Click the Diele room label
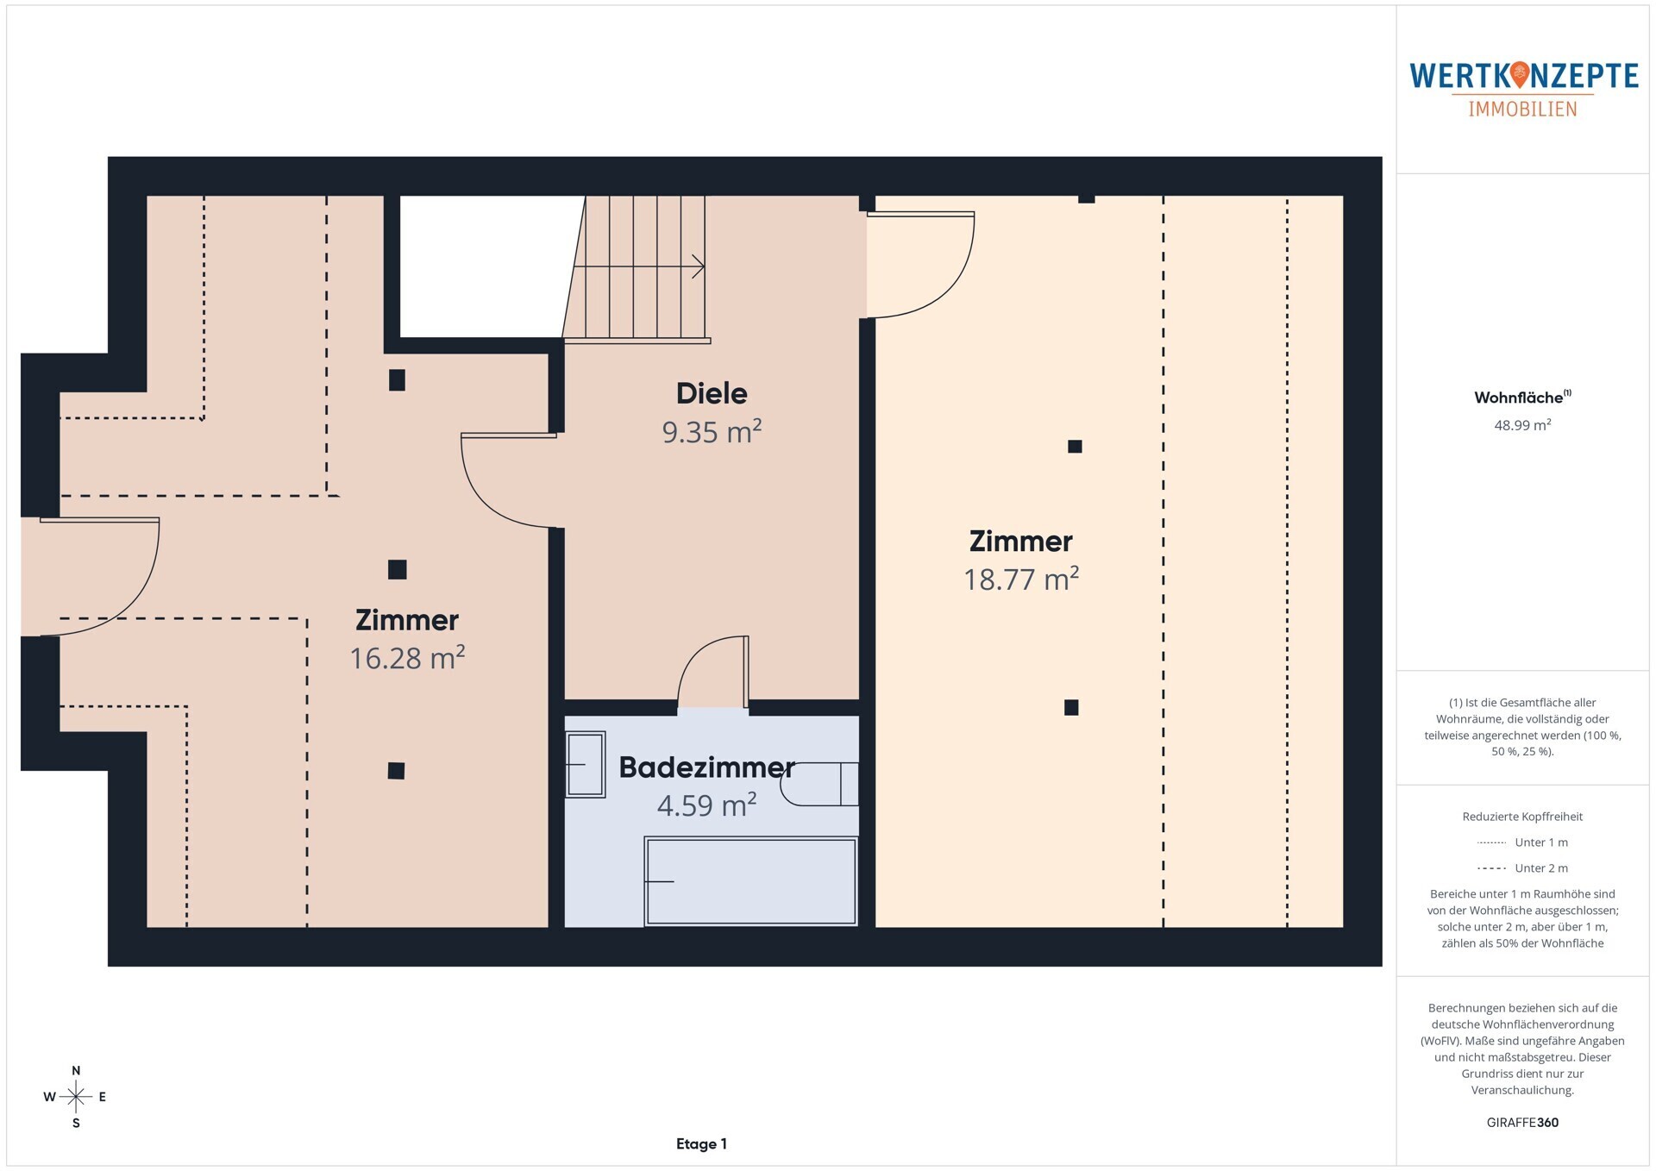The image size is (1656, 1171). (x=712, y=393)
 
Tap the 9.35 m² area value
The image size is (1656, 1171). (x=712, y=431)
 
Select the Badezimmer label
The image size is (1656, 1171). (x=706, y=767)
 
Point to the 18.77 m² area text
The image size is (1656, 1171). (x=1021, y=579)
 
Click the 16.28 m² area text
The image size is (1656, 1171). (x=407, y=658)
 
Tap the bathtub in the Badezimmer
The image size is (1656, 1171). (x=750, y=881)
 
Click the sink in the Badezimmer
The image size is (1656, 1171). (x=585, y=764)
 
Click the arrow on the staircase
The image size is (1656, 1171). (x=639, y=267)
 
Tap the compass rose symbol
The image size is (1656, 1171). (x=76, y=1097)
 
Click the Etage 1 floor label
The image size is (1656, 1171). (x=701, y=1144)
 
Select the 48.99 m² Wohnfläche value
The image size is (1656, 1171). (x=1522, y=425)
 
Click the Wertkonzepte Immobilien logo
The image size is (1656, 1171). (x=1523, y=89)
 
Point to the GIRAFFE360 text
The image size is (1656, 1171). (x=1522, y=1123)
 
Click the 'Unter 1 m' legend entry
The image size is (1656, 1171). (x=1522, y=842)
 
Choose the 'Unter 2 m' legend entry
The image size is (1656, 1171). (x=1522, y=868)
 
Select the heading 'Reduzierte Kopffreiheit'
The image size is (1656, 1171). (x=1522, y=817)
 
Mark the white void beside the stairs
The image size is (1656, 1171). (x=487, y=266)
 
